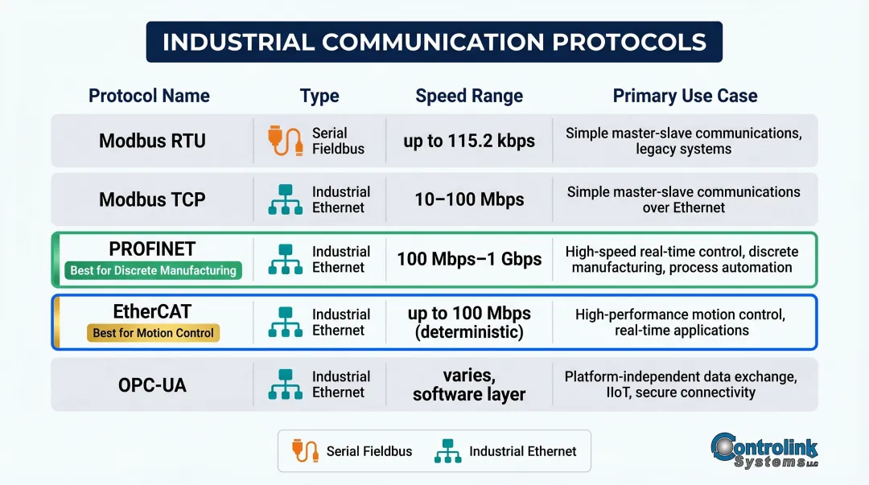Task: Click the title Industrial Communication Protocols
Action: (x=434, y=42)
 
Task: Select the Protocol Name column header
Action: (x=149, y=96)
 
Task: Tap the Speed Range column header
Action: (x=469, y=96)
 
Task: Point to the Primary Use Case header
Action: (x=685, y=96)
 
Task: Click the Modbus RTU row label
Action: (x=152, y=141)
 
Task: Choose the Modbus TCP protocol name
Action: (x=152, y=199)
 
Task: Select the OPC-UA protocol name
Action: (x=152, y=384)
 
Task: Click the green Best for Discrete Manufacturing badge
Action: (x=153, y=271)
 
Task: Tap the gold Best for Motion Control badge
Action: (x=153, y=333)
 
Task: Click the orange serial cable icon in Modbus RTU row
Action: (x=284, y=141)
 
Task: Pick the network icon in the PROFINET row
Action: (x=284, y=260)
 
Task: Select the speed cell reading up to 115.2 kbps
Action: (x=469, y=141)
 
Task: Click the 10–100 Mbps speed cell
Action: (x=469, y=199)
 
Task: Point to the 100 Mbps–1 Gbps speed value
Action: (x=469, y=260)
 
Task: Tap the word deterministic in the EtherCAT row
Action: (x=469, y=331)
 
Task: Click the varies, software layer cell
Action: (x=469, y=384)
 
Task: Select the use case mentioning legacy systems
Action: (x=683, y=141)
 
